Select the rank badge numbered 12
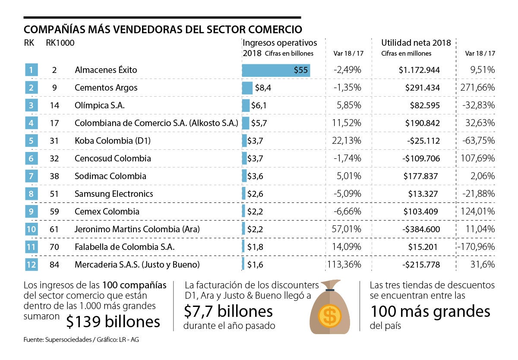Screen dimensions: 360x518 coord(32,265)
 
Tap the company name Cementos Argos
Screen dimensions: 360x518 coord(106,88)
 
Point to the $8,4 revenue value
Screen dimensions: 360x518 coord(262,88)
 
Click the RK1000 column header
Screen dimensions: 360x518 coord(60,43)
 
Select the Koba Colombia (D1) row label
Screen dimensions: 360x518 coord(113,141)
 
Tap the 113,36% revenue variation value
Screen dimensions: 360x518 coord(344,265)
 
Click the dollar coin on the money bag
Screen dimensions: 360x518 coord(330,316)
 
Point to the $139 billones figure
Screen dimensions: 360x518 coord(114,321)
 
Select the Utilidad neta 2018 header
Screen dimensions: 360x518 coord(416,43)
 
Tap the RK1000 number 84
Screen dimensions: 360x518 coord(54,265)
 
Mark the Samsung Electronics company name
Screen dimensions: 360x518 coord(114,194)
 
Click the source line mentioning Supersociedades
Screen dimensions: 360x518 coord(81,340)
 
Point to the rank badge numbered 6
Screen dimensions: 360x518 coord(32,158)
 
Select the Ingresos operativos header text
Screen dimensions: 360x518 coord(280,43)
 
